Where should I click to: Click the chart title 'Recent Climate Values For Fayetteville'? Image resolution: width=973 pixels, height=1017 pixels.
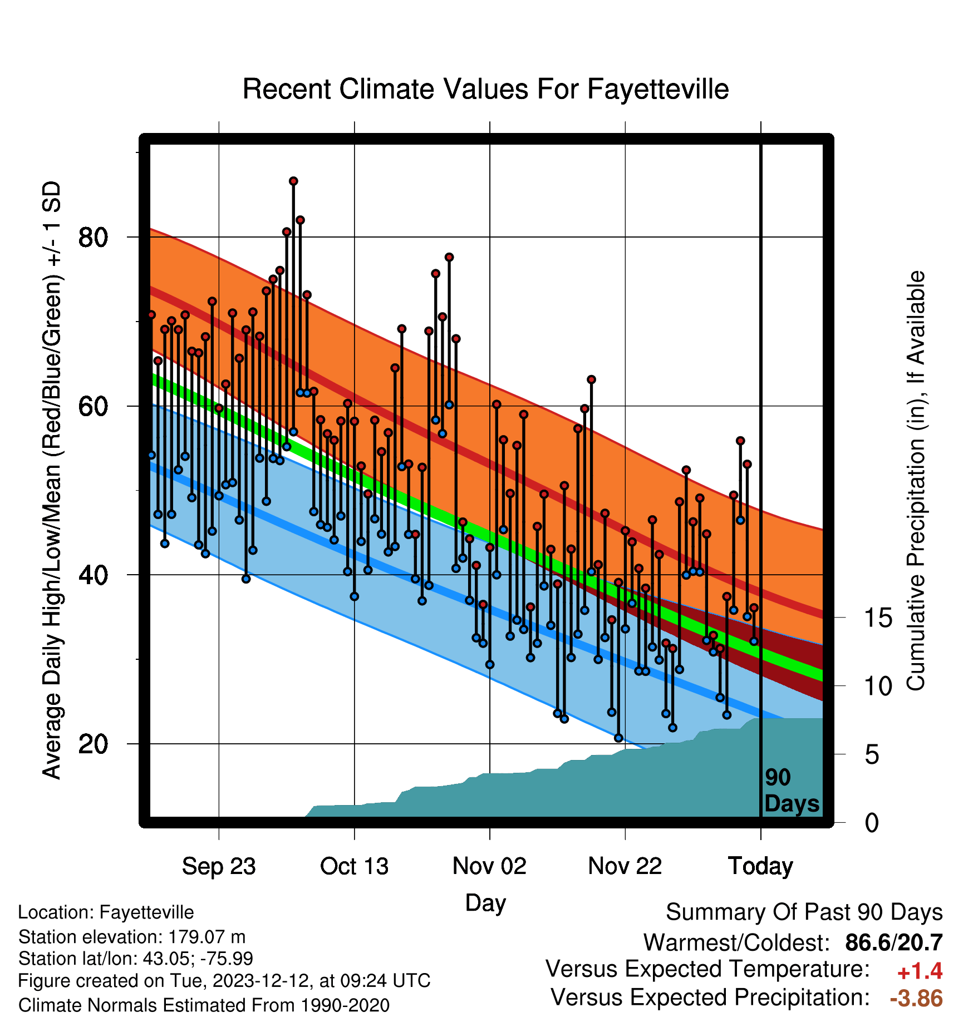[485, 90]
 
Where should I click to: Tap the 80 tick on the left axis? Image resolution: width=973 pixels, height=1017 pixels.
[92, 238]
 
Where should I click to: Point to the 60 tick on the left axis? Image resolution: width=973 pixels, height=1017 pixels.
[92, 406]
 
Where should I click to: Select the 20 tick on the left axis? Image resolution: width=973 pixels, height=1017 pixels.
[92, 744]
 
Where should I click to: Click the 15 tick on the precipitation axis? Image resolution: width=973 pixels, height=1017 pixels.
[878, 618]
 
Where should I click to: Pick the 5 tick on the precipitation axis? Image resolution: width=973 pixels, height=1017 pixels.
[872, 755]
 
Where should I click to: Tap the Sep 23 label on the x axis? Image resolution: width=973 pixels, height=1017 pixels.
[219, 866]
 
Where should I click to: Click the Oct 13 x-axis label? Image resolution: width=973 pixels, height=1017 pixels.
[354, 866]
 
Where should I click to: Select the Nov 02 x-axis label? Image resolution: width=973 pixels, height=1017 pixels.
[489, 866]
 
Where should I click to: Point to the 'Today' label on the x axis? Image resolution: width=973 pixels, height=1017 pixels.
[760, 866]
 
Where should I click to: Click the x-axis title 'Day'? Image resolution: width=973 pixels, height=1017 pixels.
[485, 903]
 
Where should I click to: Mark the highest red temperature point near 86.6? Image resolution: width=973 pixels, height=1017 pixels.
[293, 181]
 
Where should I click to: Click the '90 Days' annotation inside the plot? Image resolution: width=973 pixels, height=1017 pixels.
[792, 791]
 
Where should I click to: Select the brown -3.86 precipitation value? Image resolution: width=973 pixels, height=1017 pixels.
[916, 998]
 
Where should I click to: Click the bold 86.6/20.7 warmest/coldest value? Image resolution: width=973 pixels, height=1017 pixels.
[894, 942]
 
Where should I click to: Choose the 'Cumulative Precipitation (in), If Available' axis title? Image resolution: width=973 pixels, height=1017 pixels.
[916, 481]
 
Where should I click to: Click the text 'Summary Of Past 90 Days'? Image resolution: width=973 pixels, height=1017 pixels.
[804, 912]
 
